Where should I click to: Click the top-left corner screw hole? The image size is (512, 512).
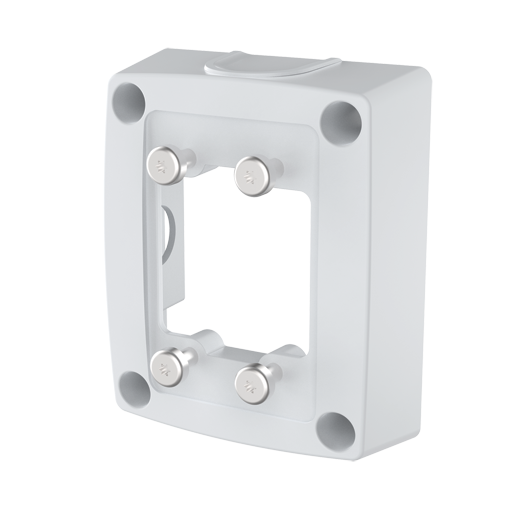click(x=127, y=100)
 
